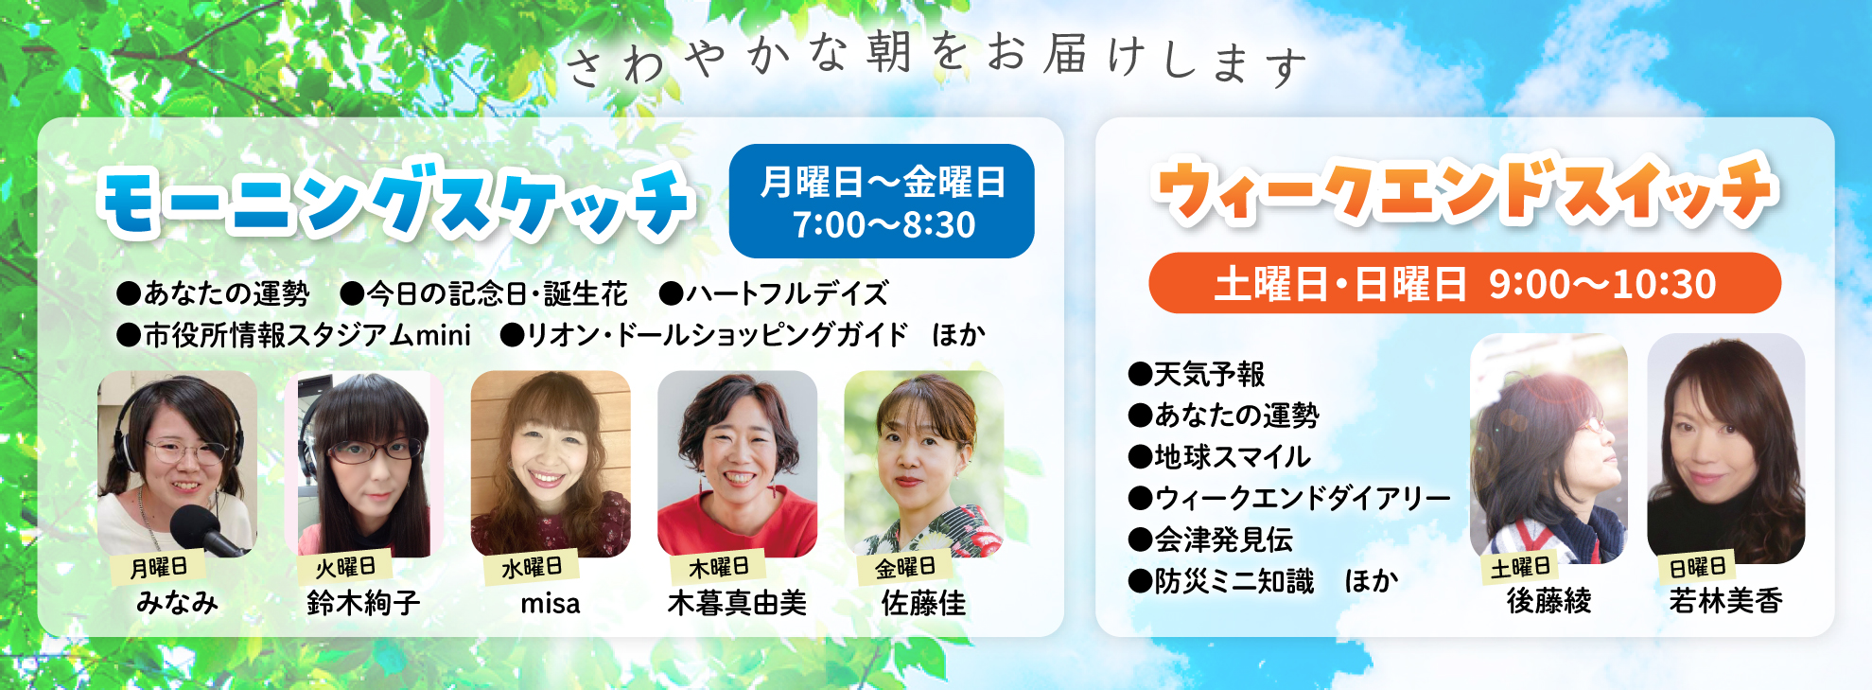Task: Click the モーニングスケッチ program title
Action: click(397, 201)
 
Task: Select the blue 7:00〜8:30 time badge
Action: click(882, 202)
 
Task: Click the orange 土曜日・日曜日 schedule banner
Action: click(1464, 283)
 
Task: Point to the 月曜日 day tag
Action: click(159, 567)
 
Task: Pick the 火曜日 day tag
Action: click(345, 567)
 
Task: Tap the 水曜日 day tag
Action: click(532, 567)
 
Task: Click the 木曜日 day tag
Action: click(719, 567)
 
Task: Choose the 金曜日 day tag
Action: click(905, 567)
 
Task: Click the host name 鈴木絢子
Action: click(363, 603)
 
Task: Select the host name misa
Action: click(551, 604)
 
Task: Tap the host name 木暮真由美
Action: click(737, 603)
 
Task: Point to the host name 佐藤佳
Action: click(924, 603)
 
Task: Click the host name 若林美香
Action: click(1725, 600)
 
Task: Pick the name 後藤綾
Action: click(1548, 600)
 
